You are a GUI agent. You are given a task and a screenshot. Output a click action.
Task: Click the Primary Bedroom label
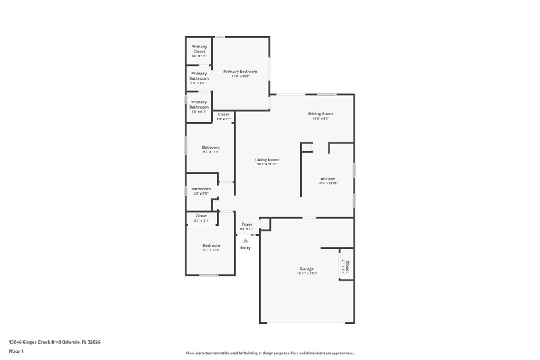coord(240,71)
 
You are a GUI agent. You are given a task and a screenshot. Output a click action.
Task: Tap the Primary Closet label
coord(198,49)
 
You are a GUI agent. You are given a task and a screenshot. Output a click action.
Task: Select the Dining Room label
coord(321,113)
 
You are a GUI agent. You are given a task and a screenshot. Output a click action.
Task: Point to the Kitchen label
coord(328,179)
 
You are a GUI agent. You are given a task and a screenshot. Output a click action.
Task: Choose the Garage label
coord(306,269)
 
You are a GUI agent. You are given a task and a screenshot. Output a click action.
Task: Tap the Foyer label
coord(246,224)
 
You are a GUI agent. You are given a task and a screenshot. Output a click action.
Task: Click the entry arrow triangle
coord(246,240)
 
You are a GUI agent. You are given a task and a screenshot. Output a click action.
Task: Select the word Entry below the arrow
coord(246,248)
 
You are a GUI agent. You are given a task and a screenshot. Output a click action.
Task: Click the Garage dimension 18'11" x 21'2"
coord(307,274)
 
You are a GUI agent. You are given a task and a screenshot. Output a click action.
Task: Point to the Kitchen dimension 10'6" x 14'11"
coord(328,184)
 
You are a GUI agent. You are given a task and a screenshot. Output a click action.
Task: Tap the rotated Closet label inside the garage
coord(346,267)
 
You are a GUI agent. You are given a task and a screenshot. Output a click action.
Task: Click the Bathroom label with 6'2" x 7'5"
coord(200,189)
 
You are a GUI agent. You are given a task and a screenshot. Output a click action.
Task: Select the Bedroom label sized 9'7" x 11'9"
coord(211,147)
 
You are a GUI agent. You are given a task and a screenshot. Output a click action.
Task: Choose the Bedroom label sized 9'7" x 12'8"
coord(211,245)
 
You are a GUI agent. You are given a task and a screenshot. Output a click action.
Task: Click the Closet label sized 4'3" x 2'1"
coord(223,115)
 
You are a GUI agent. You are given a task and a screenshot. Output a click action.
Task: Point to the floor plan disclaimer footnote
coord(270,353)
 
